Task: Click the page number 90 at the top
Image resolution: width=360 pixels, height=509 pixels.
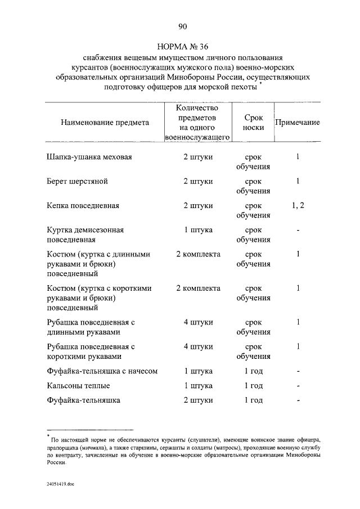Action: click(182, 27)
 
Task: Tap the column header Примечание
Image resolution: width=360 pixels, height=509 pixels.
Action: click(297, 122)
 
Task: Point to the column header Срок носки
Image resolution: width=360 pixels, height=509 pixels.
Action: click(253, 122)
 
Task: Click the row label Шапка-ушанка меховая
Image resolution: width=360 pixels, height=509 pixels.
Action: click(89, 157)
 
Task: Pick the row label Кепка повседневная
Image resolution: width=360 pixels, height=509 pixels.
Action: click(83, 205)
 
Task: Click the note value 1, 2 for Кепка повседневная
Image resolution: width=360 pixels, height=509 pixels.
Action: click(298, 205)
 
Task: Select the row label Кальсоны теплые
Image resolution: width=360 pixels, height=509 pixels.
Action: click(78, 386)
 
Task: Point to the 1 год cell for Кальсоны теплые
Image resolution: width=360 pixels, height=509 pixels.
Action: click(253, 386)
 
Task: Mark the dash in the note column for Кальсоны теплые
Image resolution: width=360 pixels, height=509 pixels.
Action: click(298, 386)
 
